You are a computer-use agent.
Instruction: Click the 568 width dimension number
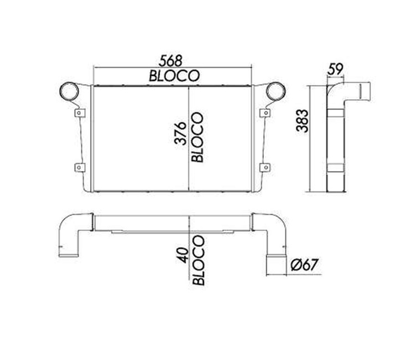click(x=171, y=61)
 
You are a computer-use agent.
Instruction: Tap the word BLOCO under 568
click(x=174, y=76)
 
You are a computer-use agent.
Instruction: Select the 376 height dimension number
click(x=181, y=133)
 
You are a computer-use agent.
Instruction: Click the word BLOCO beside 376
click(x=198, y=137)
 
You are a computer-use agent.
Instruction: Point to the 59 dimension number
click(x=335, y=69)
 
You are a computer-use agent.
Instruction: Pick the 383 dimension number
click(x=302, y=121)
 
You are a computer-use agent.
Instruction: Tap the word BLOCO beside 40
click(x=199, y=260)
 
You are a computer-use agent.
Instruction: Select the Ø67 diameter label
click(x=305, y=265)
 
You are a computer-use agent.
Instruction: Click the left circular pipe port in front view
click(x=69, y=91)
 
